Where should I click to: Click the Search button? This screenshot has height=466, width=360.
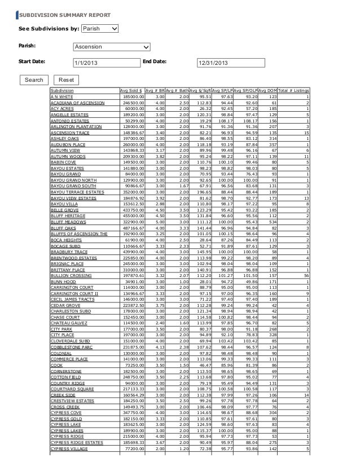33,80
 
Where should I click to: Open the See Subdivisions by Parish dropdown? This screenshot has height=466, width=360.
99,28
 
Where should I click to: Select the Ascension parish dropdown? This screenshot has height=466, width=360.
112,47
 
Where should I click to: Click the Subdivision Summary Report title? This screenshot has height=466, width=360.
65,14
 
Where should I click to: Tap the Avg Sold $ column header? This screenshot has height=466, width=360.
131,91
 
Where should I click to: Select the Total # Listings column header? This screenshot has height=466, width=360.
295,91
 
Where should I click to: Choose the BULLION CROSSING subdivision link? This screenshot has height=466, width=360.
71,275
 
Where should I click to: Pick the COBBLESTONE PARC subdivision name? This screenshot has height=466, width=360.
72,348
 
